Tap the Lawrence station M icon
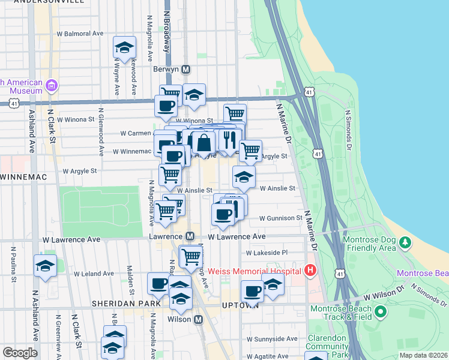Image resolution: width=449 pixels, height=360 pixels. point(190,237)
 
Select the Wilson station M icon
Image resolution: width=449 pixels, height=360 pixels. point(198,319)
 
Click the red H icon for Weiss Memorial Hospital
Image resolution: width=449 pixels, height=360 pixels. point(310,271)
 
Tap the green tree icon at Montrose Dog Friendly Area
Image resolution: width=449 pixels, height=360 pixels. point(406,243)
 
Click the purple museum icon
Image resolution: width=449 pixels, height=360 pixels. point(52,86)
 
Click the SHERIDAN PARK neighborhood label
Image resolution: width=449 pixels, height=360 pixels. point(125,304)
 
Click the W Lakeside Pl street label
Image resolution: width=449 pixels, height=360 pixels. point(266,253)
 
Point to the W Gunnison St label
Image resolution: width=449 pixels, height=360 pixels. point(280,218)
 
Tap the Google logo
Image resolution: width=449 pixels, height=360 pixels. point(20,353)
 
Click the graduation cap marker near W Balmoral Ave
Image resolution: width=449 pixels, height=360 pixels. point(124,48)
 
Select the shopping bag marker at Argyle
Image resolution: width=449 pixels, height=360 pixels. point(203,142)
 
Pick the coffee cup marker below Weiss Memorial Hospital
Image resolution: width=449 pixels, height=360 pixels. point(252,292)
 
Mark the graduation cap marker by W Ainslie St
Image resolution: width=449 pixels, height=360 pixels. point(244,176)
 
